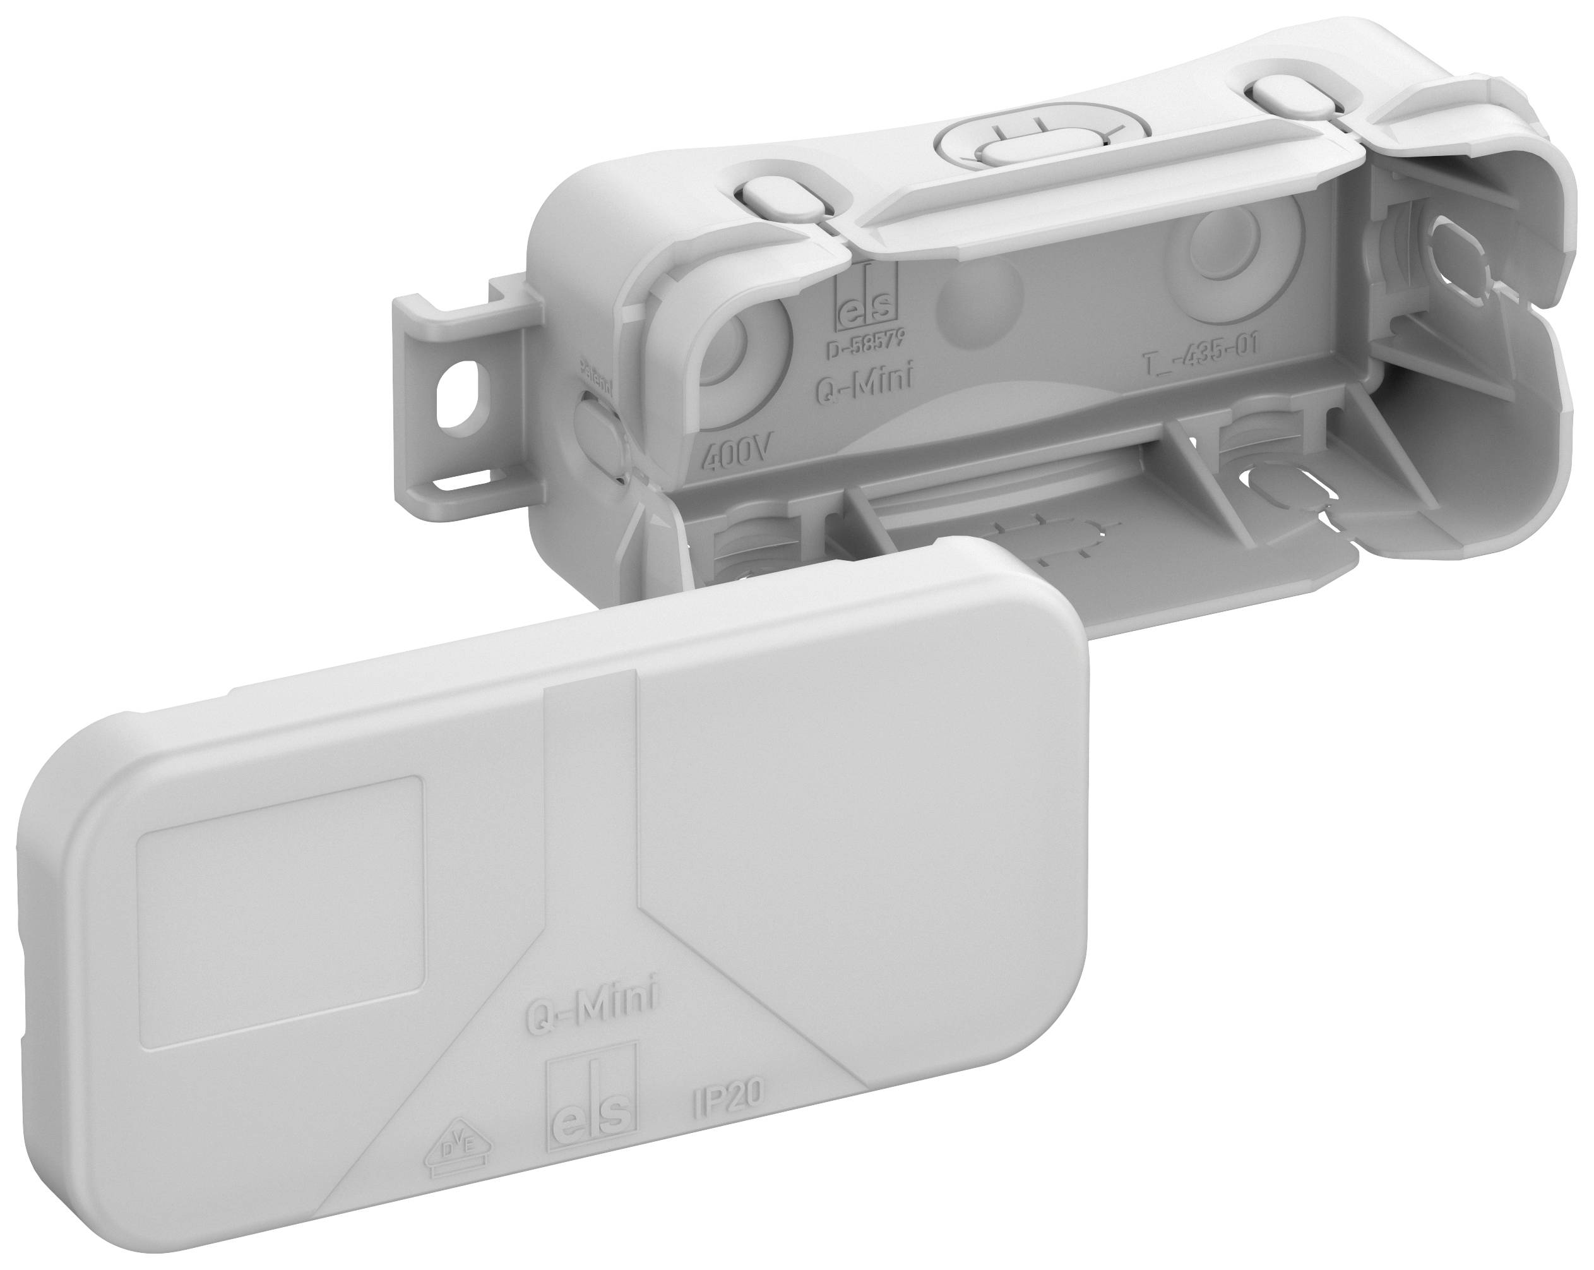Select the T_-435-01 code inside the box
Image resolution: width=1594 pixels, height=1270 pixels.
tap(1200, 363)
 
